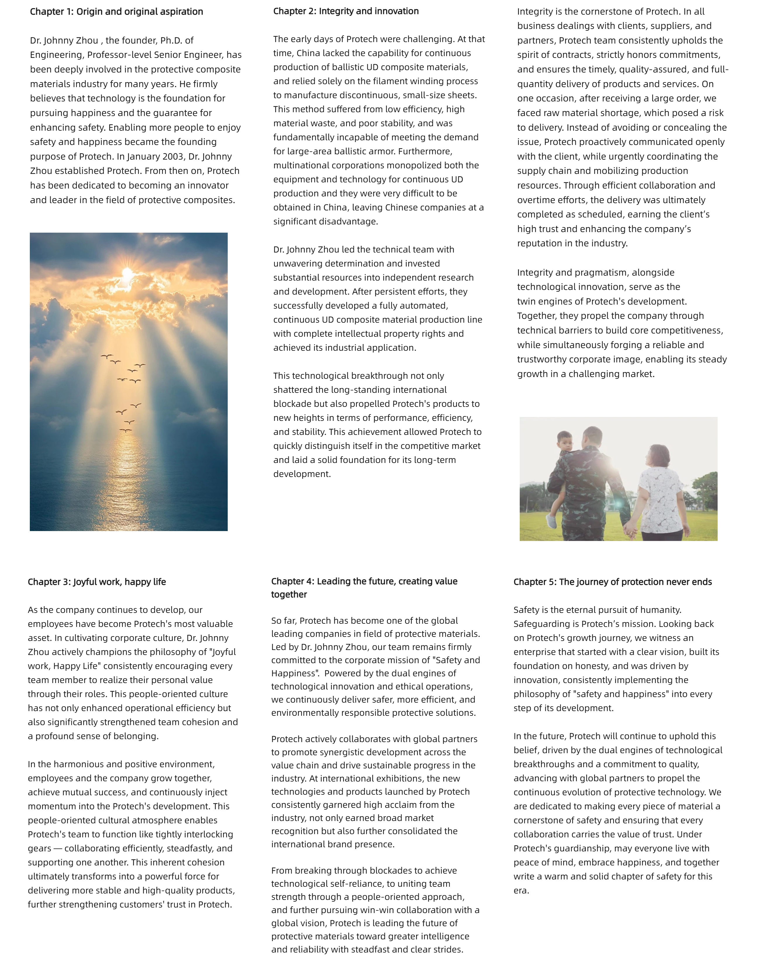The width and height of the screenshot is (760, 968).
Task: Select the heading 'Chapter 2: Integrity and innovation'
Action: coord(346,11)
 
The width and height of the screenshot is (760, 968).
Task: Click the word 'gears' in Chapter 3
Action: coord(39,848)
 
